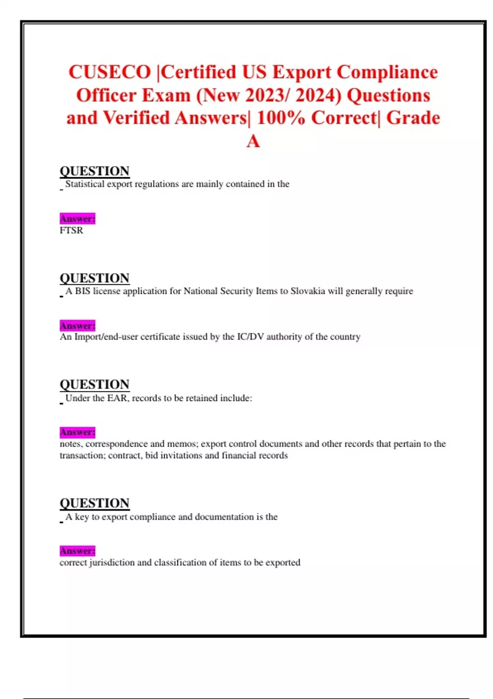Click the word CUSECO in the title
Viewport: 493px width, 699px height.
pyautogui.click(x=110, y=72)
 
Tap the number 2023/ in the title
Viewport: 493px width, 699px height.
pyautogui.click(x=268, y=95)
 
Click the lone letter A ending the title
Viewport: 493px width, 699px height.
pyautogui.click(x=253, y=141)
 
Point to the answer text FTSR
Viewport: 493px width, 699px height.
pyautogui.click(x=71, y=230)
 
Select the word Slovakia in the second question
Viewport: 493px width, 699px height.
pyautogui.click(x=308, y=291)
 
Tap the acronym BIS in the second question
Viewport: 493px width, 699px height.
pyautogui.click(x=82, y=291)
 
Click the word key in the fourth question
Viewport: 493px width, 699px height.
pyautogui.click(x=82, y=517)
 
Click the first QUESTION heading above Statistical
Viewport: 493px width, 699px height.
pyautogui.click(x=94, y=171)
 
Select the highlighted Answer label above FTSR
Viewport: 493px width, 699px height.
pyautogui.click(x=77, y=219)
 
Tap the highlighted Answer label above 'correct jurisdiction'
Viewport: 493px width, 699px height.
pyautogui.click(x=77, y=551)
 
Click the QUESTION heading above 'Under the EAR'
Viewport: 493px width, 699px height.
pyautogui.click(x=94, y=384)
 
